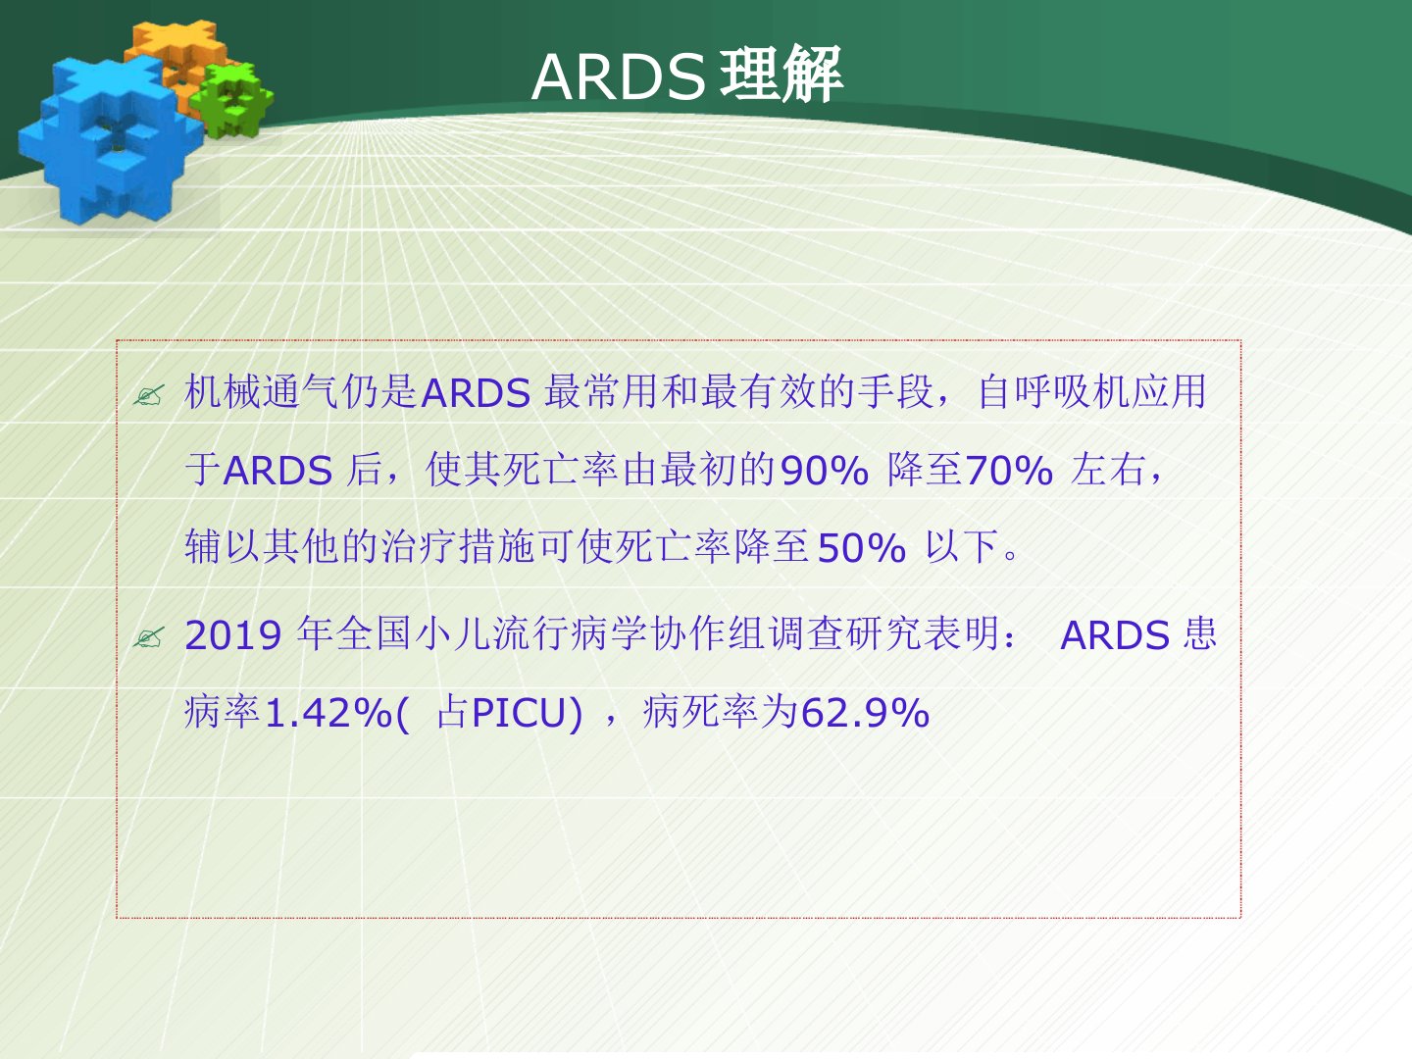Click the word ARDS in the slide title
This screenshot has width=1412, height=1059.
point(618,77)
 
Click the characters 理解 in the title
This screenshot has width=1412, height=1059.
point(781,76)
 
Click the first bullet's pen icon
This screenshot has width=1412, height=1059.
point(149,395)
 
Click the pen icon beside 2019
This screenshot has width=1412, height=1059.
point(149,637)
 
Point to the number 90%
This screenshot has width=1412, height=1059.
point(824,471)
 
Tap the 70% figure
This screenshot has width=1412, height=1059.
point(1009,471)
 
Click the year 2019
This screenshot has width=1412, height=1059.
point(232,636)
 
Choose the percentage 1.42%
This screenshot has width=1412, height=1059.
point(328,713)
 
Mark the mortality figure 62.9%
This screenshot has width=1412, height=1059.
point(865,713)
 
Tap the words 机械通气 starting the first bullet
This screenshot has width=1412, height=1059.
point(261,391)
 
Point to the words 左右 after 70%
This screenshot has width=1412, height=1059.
point(1109,470)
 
